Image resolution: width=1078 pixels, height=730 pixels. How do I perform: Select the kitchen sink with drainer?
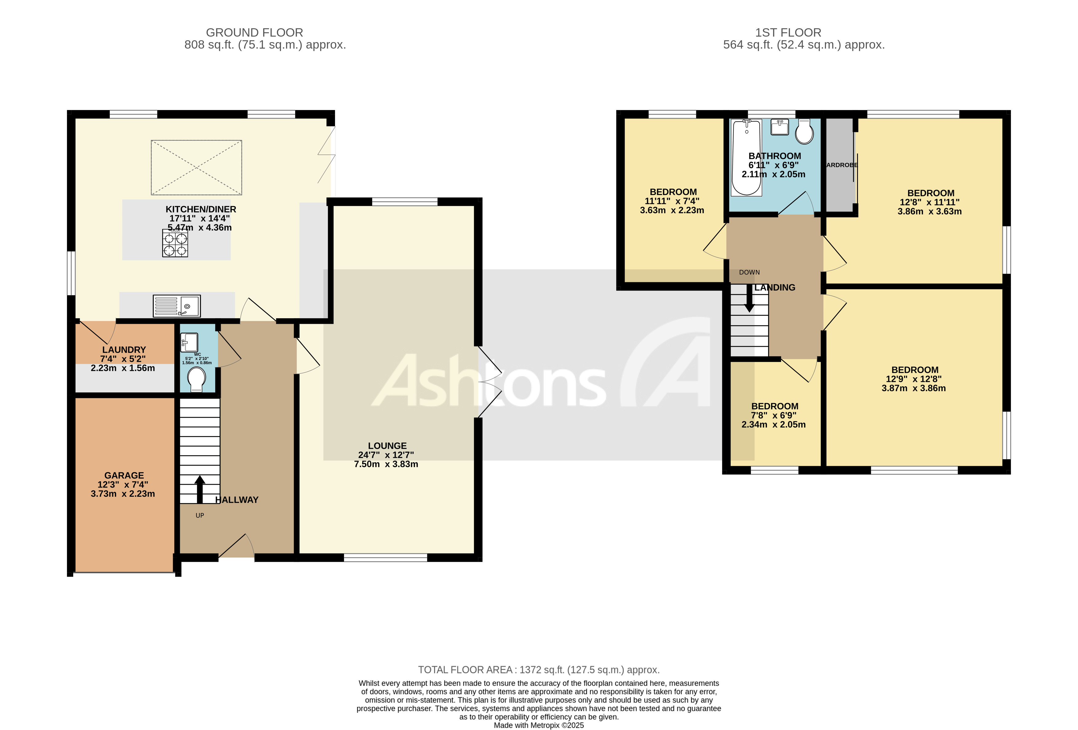177,306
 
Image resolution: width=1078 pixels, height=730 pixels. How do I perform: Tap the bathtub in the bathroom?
746,158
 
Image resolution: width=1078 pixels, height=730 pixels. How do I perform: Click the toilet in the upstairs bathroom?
804,132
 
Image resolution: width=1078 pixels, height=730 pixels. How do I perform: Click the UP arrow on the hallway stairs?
200,489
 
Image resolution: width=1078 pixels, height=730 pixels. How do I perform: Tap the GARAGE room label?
124,475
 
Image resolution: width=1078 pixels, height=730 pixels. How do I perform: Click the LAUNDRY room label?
124,349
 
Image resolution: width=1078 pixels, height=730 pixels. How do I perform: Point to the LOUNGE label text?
387,446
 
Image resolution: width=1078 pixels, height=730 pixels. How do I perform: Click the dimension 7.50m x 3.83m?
386,464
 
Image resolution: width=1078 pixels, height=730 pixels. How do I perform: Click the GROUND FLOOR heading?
254,33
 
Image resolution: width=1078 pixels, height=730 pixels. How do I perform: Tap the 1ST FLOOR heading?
788,33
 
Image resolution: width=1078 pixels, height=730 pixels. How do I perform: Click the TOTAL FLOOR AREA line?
539,670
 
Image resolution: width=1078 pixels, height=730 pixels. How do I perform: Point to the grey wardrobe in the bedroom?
839,165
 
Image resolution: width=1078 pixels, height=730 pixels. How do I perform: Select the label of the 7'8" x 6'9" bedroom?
775,406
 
